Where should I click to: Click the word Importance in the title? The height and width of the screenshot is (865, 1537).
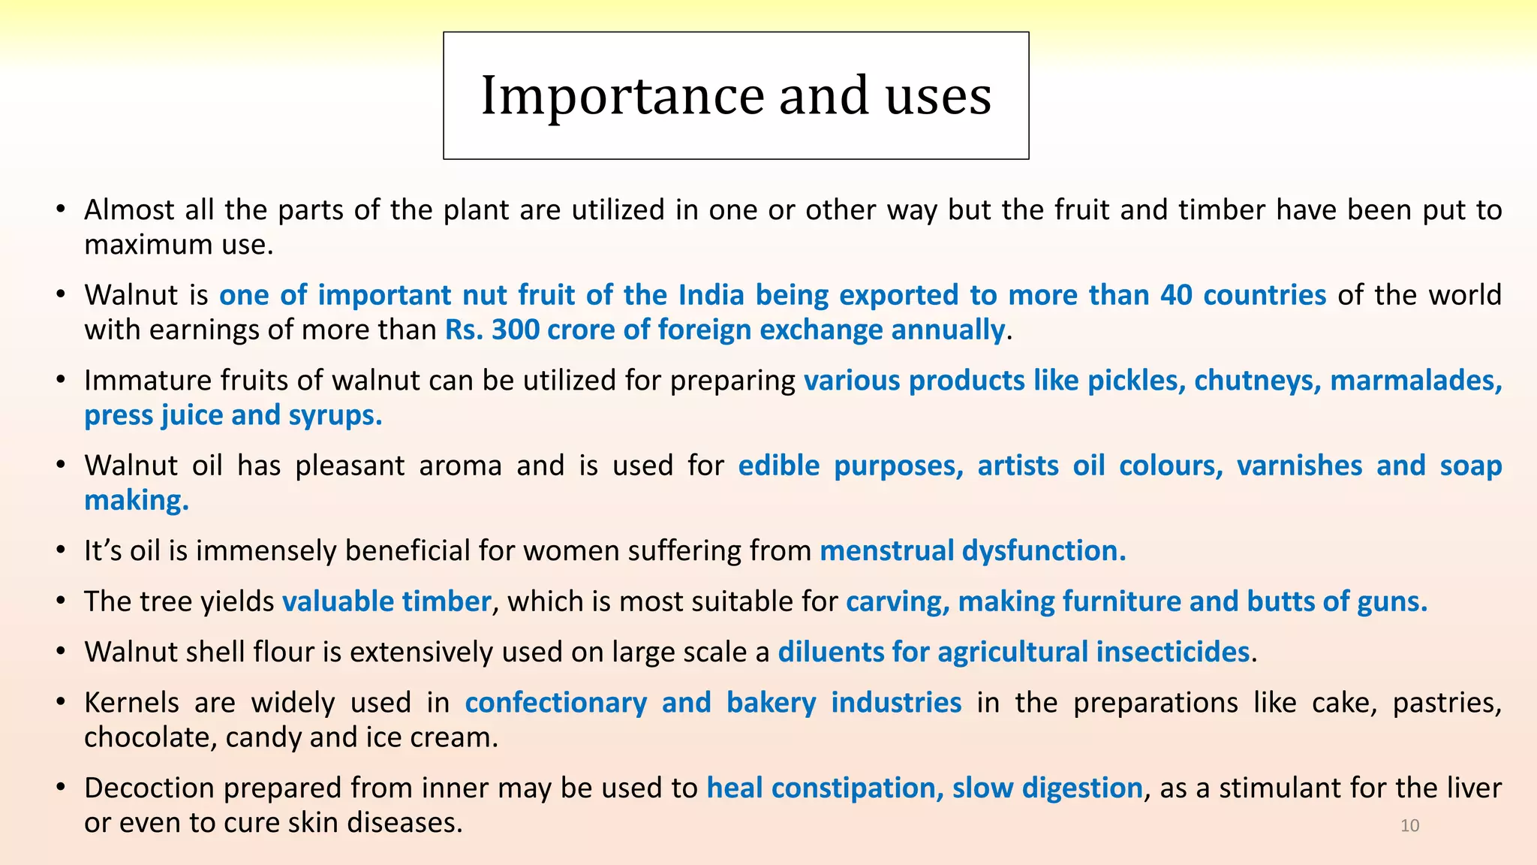(x=622, y=96)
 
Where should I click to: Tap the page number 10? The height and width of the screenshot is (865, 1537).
(x=1409, y=826)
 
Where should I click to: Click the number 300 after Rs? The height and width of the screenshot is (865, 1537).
(x=515, y=330)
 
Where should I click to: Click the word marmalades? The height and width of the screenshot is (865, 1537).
(x=1416, y=381)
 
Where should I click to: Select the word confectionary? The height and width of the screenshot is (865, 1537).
(x=556, y=703)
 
